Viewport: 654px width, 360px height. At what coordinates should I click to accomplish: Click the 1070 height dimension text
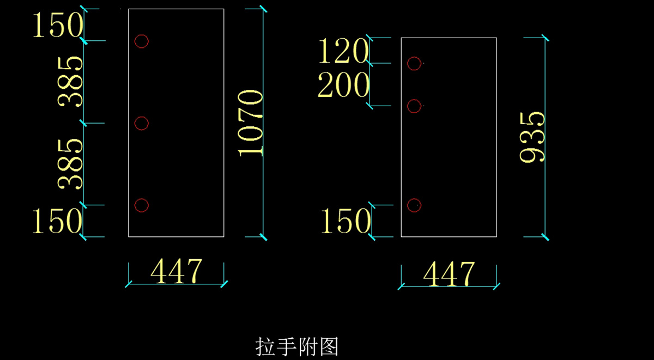tap(251, 123)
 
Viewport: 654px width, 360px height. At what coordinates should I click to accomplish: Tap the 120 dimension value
tap(343, 52)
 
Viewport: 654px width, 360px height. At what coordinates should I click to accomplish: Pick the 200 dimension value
tap(343, 86)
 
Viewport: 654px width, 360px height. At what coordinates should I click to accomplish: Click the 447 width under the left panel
tap(176, 272)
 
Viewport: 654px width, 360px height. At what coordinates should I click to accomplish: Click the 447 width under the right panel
tap(449, 274)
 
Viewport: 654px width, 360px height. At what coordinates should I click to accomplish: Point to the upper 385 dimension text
tap(71, 82)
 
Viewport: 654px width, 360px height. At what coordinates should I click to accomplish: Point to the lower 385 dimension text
tap(71, 163)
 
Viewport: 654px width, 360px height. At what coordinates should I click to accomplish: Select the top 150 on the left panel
tap(58, 26)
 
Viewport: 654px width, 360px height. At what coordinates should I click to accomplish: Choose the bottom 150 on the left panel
tap(58, 222)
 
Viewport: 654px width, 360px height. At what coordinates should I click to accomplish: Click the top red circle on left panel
tap(142, 41)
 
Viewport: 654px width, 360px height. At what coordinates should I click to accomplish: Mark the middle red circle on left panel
tap(142, 124)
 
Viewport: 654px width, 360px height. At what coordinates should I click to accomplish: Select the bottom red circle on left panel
tap(142, 205)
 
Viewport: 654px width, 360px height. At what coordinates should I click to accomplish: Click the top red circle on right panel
tap(414, 63)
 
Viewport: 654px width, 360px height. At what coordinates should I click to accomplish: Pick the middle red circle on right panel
tap(414, 106)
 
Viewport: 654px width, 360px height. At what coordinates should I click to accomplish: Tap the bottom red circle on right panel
tap(414, 205)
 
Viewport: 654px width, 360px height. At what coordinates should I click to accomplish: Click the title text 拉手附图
tap(298, 346)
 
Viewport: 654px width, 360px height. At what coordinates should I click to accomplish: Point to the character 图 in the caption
tap(329, 346)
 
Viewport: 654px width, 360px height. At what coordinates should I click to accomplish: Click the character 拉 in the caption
tap(265, 346)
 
